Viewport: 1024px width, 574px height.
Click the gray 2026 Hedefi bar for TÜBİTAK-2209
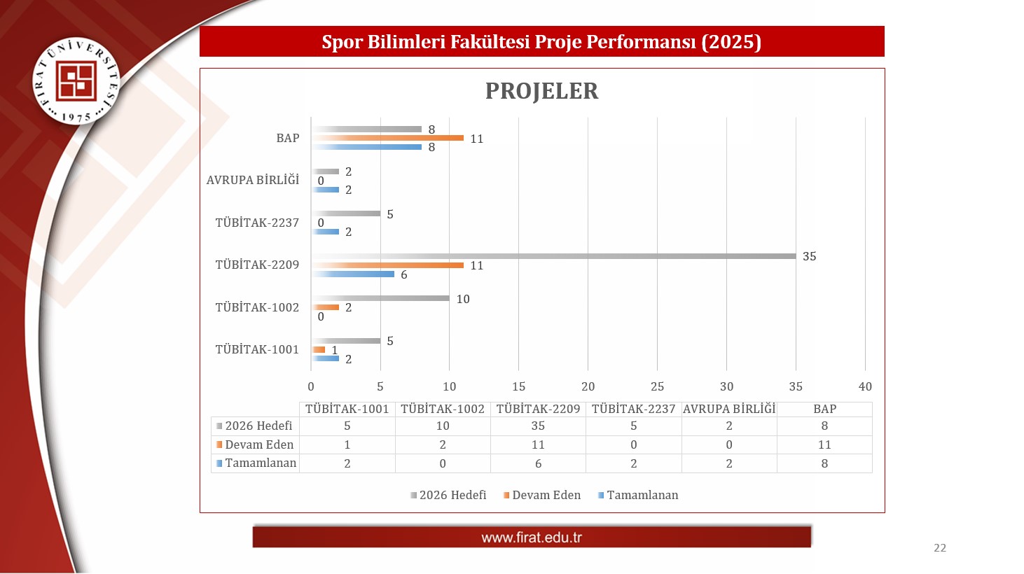click(553, 256)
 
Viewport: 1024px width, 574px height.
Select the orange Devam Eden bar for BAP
click(387, 138)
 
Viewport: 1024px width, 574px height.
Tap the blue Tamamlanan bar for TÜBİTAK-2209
click(353, 274)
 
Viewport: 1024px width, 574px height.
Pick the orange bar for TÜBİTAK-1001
click(318, 349)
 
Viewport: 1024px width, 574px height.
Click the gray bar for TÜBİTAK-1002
click(380, 298)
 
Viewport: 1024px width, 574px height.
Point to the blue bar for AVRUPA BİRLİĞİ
click(325, 190)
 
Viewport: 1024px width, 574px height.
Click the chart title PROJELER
click(541, 91)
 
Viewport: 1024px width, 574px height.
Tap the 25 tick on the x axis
click(657, 386)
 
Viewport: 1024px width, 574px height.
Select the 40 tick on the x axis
click(865, 386)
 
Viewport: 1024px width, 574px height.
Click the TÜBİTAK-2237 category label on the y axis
click(257, 223)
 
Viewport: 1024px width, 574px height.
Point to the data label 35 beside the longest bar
click(809, 256)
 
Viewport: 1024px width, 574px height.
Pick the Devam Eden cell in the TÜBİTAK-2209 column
click(538, 444)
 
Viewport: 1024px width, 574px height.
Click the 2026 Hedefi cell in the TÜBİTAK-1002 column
click(443, 426)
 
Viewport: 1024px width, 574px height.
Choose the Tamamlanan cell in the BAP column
click(824, 463)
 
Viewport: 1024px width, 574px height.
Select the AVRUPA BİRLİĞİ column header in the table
click(729, 409)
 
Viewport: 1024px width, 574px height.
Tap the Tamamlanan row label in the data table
click(261, 463)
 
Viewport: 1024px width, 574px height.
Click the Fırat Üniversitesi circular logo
click(76, 81)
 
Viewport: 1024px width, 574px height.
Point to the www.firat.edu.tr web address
click(532, 537)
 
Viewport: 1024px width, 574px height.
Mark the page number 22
click(940, 547)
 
